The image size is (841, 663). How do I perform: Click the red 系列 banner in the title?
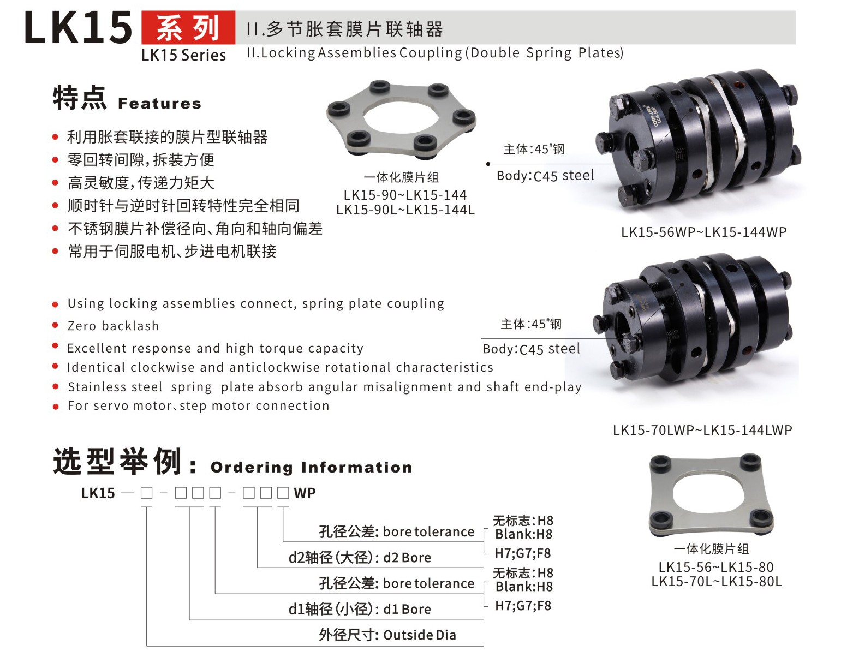[x=188, y=27]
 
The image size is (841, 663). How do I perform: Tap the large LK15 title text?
[x=78, y=28]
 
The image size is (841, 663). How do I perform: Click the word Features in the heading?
[x=159, y=104]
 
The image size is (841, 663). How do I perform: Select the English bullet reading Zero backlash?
[x=113, y=326]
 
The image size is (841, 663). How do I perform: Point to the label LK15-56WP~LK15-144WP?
[x=703, y=232]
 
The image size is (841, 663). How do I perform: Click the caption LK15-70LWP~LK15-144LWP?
[x=702, y=430]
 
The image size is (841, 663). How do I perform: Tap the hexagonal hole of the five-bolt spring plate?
[x=401, y=116]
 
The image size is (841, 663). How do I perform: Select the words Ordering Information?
[x=312, y=467]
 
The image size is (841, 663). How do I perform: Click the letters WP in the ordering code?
[x=305, y=493]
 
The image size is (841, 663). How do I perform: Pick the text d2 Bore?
[x=407, y=558]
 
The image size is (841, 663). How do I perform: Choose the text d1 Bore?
[x=407, y=609]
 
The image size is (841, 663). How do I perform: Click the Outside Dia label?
[x=419, y=635]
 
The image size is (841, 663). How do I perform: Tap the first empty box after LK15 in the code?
[x=147, y=493]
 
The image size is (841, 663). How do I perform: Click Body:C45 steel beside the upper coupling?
[x=545, y=176]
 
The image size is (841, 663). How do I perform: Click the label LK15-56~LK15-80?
[x=716, y=567]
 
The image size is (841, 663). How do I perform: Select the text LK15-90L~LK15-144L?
[x=405, y=210]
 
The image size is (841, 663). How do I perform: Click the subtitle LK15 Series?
[x=184, y=55]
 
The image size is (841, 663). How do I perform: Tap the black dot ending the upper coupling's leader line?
[x=488, y=164]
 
